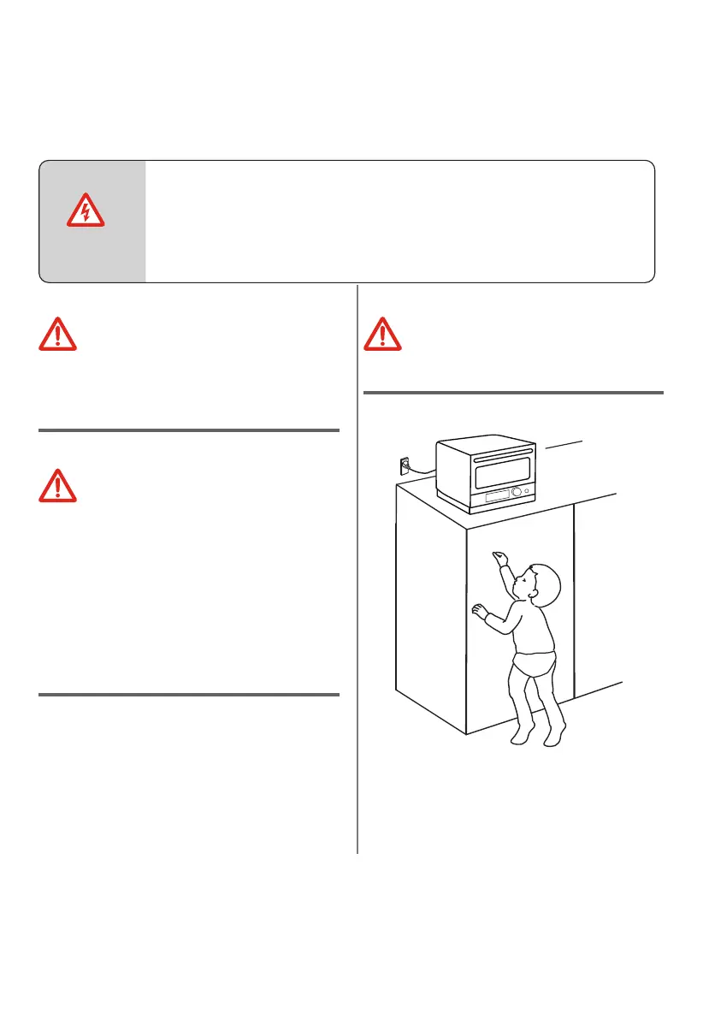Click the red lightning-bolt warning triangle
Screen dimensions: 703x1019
click(86, 210)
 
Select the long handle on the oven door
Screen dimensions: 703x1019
click(487, 456)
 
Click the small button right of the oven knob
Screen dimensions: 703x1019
click(529, 491)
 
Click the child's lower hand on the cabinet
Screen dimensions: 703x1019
click(478, 610)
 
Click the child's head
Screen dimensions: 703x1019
click(541, 584)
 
